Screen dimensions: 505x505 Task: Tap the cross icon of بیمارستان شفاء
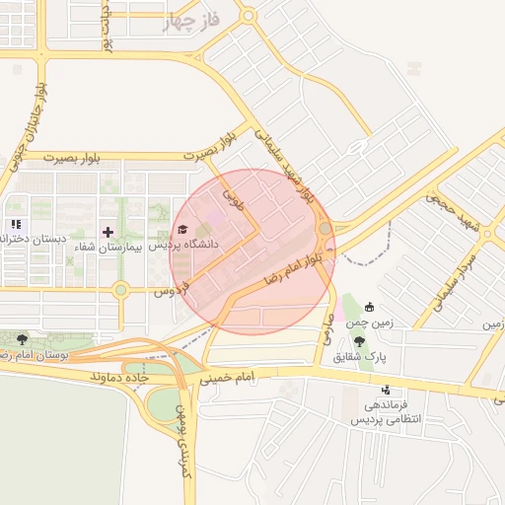108,231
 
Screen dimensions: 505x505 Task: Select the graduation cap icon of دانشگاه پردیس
182,230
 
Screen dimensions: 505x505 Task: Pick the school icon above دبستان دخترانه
15,225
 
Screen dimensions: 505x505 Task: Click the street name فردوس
170,292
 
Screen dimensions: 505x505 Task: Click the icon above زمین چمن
370,307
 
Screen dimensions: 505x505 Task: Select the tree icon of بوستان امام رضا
22,339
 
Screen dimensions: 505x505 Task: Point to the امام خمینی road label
227,377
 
